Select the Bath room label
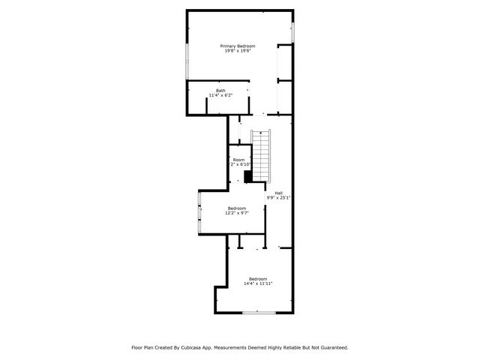pos(220,91)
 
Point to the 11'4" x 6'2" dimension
pos(220,96)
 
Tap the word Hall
pos(278,193)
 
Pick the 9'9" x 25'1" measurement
pos(278,198)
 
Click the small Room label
pos(238,160)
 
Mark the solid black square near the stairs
pos(248,176)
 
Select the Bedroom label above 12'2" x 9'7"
pos(237,208)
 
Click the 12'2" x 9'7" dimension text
pos(237,213)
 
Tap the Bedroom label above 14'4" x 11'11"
pos(258,278)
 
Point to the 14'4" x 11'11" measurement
pos(258,283)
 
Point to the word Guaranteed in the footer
pos(331,348)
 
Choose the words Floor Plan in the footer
pos(144,348)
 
